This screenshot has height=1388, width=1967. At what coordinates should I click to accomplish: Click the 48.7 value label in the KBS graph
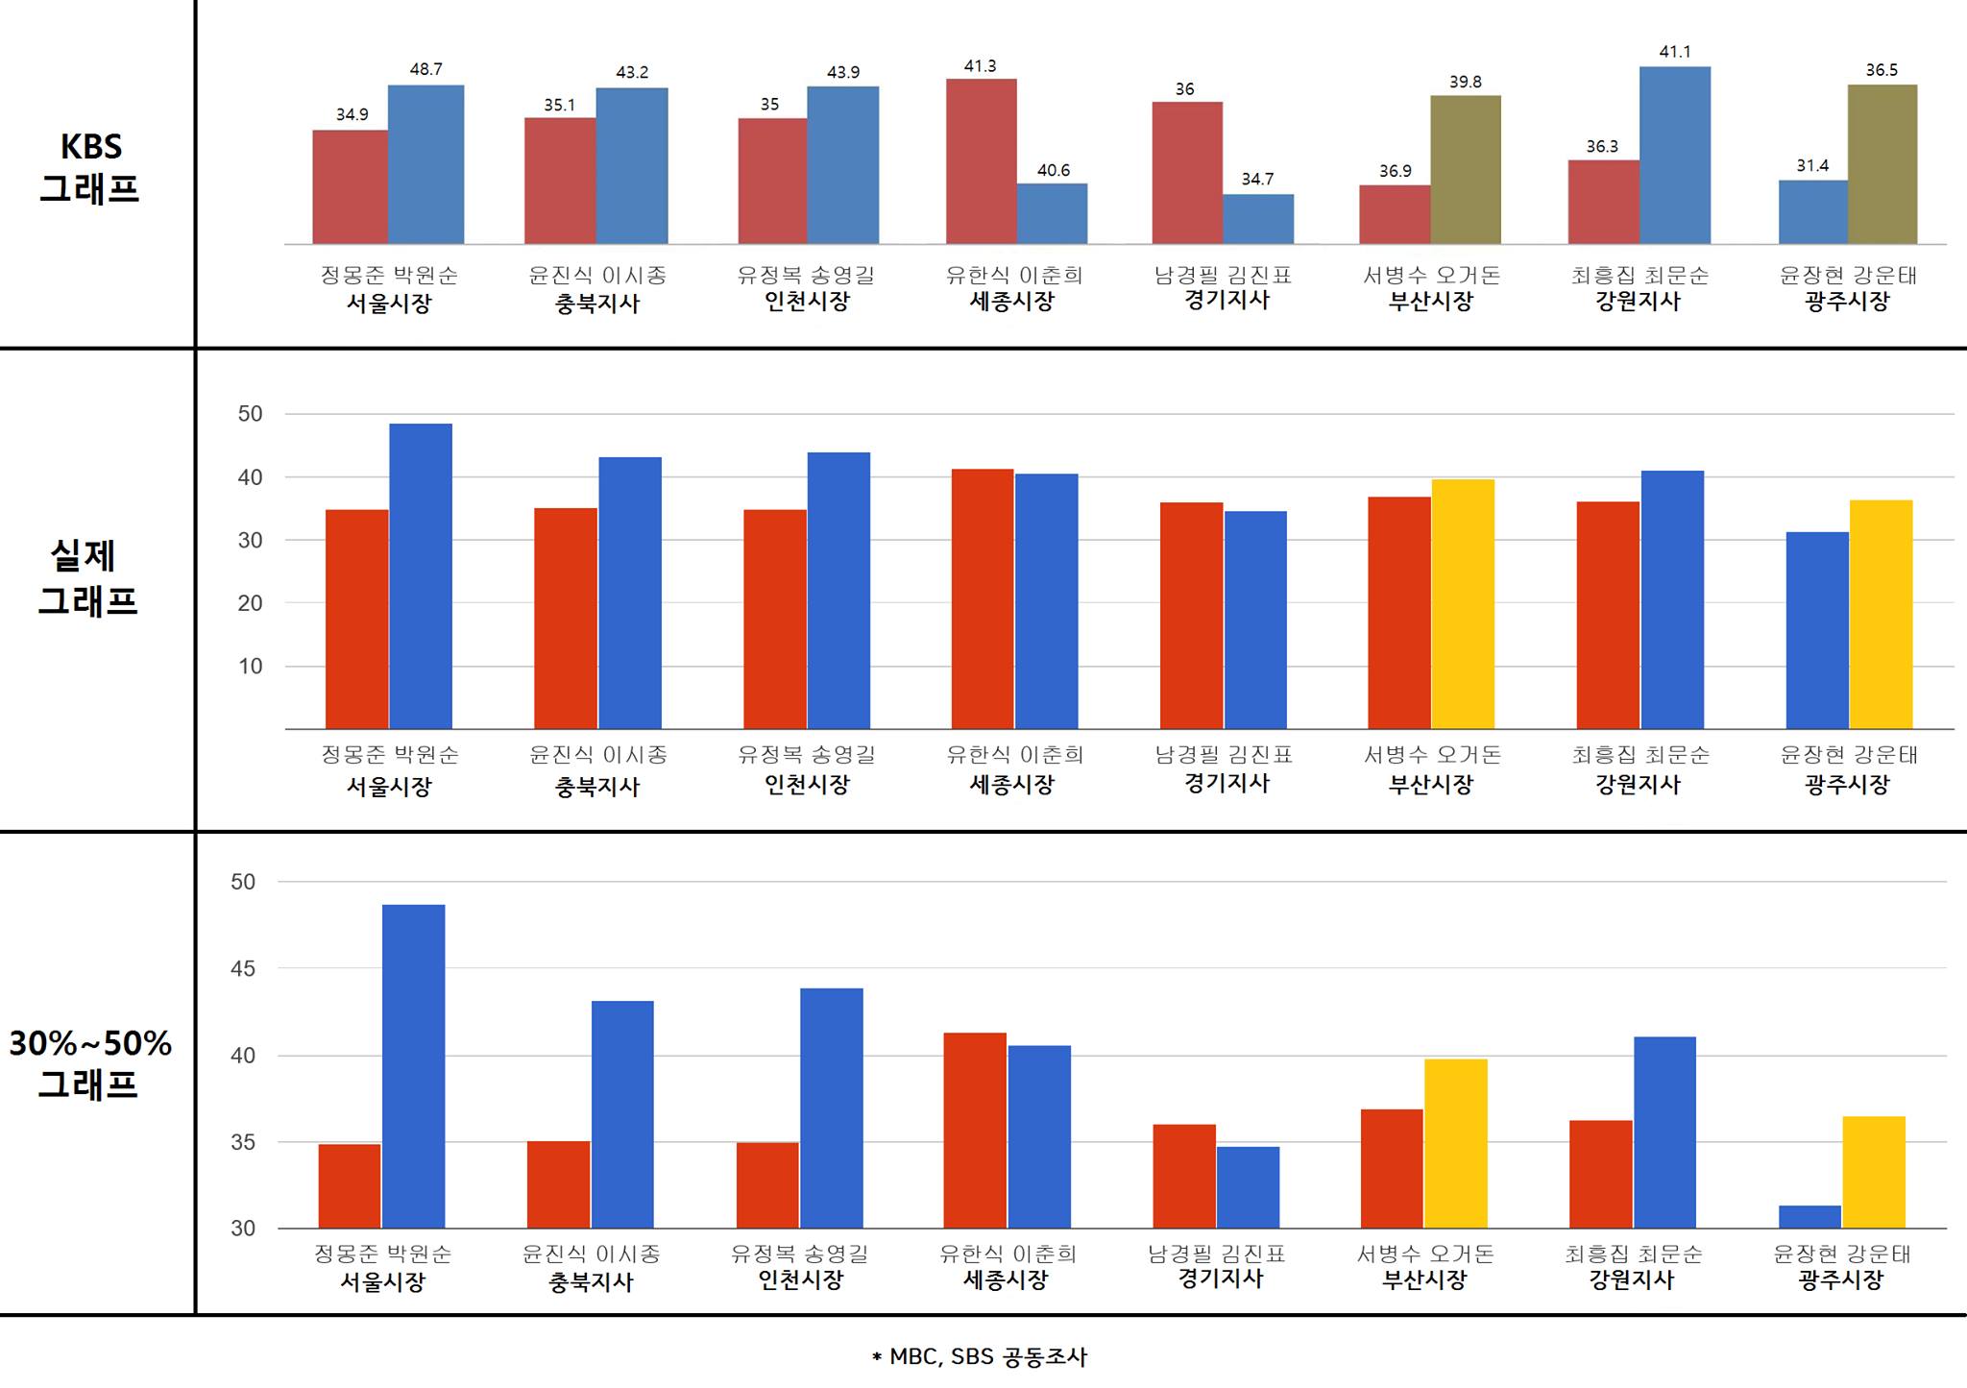(425, 69)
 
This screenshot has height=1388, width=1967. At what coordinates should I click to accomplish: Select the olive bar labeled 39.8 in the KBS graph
(1465, 169)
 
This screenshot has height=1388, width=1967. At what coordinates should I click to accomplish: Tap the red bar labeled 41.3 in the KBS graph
(981, 161)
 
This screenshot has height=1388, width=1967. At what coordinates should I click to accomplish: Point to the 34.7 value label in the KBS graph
(1257, 179)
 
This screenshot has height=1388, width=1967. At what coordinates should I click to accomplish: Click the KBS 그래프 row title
(89, 167)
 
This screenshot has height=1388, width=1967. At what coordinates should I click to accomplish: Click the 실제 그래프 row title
(87, 577)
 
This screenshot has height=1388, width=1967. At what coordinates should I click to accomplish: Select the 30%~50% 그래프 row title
(89, 1062)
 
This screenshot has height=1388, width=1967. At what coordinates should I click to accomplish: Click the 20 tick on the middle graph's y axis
(250, 603)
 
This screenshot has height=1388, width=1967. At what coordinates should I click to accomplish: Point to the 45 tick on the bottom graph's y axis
(243, 968)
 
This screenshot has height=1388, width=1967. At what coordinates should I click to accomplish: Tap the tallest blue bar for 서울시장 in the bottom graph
(413, 1066)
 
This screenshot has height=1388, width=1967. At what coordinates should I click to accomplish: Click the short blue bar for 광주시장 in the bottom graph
(1809, 1217)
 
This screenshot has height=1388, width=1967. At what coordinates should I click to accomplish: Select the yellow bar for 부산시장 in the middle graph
(1463, 603)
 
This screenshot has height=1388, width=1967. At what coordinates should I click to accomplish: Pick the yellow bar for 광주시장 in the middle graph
(1881, 614)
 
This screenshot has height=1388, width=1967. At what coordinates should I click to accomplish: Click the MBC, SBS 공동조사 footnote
(979, 1356)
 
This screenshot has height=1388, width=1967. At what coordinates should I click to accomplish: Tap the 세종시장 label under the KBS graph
(1011, 301)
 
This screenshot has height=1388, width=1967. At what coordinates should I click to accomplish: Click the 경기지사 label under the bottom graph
(1220, 1278)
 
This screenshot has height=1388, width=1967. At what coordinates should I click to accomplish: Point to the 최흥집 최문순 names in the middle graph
(1639, 755)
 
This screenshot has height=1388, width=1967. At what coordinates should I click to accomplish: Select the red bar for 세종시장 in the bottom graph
(974, 1130)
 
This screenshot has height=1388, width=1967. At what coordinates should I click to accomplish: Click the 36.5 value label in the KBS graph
(1881, 70)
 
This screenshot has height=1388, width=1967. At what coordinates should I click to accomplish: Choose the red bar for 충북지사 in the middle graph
(565, 618)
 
